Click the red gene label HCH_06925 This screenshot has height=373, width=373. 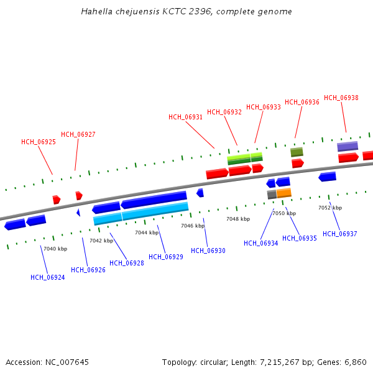tap(39, 142)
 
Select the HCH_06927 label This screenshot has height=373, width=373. tap(78, 134)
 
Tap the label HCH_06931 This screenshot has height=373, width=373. tap(185, 117)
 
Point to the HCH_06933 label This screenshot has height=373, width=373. tap(264, 107)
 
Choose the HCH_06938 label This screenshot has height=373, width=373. tap(341, 98)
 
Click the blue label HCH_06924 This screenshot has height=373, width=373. tap(48, 277)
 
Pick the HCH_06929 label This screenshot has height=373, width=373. tap(166, 256)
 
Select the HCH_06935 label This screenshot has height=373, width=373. tap(300, 238)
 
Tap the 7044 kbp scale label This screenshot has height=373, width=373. tap(147, 233)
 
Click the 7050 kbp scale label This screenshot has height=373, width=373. tap(284, 213)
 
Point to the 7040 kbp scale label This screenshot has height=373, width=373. tap(55, 249)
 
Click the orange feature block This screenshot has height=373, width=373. tap(284, 193)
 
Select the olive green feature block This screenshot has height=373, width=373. tap(297, 152)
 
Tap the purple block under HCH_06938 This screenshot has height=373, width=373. tap(348, 146)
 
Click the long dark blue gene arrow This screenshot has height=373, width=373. tap(154, 200)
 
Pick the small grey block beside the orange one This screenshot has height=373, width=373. tap(272, 195)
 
